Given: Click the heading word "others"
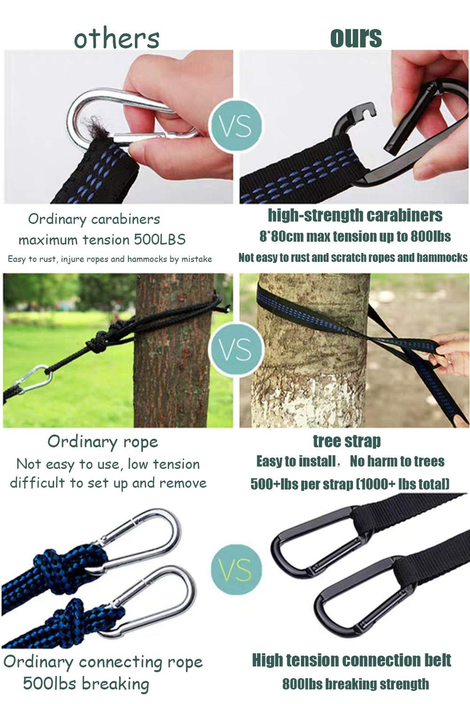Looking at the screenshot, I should click(116, 39).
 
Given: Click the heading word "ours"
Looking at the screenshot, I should click(356, 38).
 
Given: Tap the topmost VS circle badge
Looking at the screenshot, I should click(236, 126).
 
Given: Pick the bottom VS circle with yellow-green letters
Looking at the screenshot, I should click(236, 569).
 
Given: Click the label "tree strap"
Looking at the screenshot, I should click(347, 441).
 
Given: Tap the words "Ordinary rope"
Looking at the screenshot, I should click(103, 441).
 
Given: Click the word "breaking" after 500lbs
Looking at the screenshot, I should click(115, 684).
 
